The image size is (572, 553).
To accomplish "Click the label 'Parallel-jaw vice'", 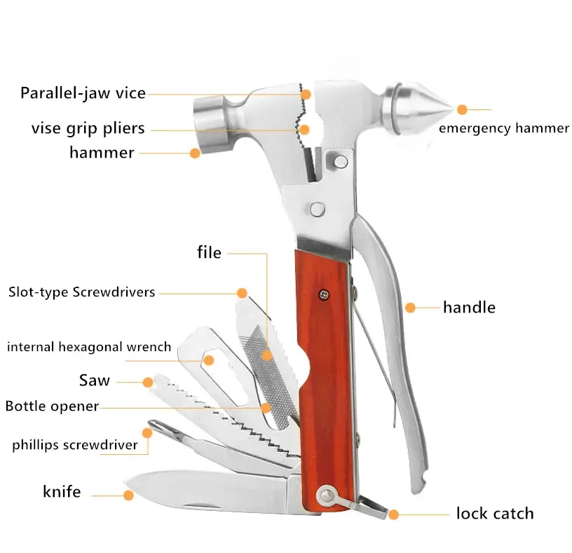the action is coord(83,93).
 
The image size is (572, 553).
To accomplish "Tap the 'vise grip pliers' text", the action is coord(88,128).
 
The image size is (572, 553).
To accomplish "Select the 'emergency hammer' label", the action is coord(504,128).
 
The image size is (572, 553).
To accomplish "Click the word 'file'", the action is coord(209,252).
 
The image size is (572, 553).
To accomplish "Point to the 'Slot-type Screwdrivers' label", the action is coord(82,292).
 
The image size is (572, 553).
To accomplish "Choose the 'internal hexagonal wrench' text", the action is coord(89,346).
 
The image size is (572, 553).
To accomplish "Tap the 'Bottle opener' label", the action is coord(52,406).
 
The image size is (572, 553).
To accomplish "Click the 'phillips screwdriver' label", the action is coord(75,445).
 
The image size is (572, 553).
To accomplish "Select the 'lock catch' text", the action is coord(495,513).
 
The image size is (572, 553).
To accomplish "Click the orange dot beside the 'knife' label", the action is coord(128,495).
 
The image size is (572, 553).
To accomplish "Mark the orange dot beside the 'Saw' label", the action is coord(148,382).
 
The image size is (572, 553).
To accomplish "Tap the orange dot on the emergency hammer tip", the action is coord(462,109).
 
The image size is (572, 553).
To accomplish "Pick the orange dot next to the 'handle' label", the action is coord(410,308).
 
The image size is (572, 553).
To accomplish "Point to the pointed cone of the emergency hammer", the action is coord(425,109).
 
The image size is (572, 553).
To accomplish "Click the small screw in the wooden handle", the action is coord(324,294).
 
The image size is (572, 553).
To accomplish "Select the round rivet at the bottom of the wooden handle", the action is coord(327,496).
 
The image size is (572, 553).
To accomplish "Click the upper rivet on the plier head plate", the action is coord(341,162).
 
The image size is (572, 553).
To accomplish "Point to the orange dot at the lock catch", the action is coord(393,514).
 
